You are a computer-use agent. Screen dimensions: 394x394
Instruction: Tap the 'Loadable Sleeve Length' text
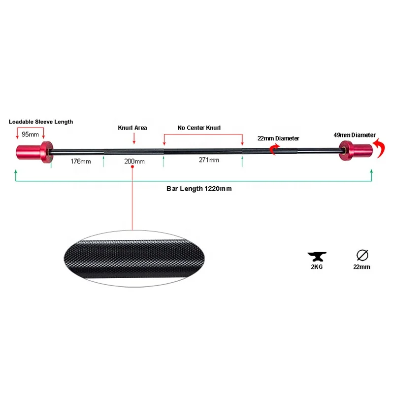tap(40, 121)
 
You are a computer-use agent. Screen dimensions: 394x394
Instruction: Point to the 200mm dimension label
tap(134, 161)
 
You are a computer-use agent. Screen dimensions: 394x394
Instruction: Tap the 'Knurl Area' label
tap(132, 128)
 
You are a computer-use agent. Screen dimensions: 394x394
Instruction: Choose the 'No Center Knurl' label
tap(199, 128)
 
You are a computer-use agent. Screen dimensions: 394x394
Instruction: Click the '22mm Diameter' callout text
tap(279, 138)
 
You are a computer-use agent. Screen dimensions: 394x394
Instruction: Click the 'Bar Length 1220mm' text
tap(199, 189)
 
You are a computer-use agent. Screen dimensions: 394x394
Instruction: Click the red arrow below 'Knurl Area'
tap(133, 138)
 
